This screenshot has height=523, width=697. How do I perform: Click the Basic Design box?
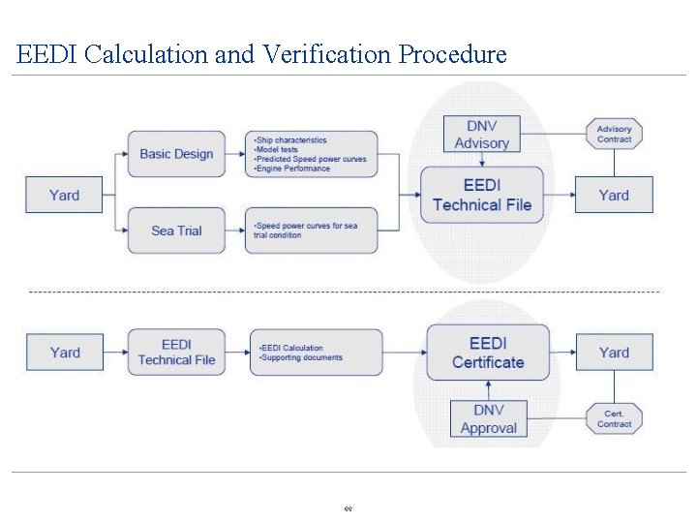click(176, 154)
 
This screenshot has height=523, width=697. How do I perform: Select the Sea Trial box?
click(176, 231)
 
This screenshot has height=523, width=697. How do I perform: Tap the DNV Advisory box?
click(481, 135)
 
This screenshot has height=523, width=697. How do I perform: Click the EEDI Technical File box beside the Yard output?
click(481, 196)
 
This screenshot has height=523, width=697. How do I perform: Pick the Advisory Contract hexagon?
click(614, 134)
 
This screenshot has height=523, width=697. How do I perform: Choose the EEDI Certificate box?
click(488, 353)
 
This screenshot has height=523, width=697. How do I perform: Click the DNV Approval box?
click(488, 419)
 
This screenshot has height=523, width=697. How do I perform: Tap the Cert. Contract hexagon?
click(614, 418)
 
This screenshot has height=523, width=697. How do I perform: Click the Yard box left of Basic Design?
click(64, 196)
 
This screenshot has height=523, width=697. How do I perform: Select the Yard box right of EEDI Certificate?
click(614, 353)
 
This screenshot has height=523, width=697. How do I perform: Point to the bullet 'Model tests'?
click(278, 150)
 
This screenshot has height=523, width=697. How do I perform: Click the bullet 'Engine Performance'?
click(293, 169)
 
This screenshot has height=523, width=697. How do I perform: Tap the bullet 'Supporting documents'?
click(302, 357)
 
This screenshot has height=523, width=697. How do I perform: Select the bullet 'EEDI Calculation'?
click(292, 348)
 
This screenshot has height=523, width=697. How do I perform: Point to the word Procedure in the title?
click(452, 54)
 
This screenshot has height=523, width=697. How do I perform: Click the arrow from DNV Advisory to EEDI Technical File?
click(481, 160)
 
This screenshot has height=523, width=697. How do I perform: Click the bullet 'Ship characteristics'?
click(291, 140)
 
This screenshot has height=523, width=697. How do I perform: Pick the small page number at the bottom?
click(348, 508)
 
